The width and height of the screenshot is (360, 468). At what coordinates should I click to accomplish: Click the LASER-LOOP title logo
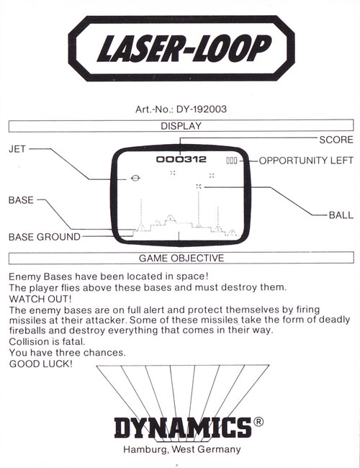(181, 48)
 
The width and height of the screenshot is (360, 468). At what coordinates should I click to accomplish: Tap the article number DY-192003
(202, 109)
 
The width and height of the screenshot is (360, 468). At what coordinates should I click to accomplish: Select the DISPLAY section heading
(181, 126)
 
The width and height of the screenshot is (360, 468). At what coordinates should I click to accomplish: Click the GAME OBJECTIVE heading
(181, 258)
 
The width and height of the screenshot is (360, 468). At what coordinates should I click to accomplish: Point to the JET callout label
(17, 149)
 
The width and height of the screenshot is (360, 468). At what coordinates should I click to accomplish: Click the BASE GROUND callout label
(45, 237)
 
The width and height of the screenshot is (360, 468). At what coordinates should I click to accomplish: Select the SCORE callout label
(336, 140)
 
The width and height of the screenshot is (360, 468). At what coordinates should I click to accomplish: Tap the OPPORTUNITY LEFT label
(306, 161)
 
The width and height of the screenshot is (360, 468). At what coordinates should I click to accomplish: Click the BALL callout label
(341, 215)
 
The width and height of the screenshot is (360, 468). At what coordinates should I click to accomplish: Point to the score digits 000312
(181, 159)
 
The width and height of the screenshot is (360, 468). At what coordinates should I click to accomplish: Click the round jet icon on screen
(135, 178)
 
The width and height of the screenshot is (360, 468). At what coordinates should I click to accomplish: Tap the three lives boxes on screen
(232, 161)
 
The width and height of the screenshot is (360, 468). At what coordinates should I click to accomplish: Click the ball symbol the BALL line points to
(199, 186)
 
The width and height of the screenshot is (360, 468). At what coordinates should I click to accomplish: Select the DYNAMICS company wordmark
(183, 428)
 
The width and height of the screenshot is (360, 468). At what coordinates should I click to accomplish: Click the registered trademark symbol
(258, 421)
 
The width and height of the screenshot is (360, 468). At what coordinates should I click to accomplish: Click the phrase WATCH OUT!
(40, 299)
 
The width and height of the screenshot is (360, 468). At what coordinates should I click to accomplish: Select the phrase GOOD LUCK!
(41, 364)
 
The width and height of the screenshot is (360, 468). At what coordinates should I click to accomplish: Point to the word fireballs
(27, 330)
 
